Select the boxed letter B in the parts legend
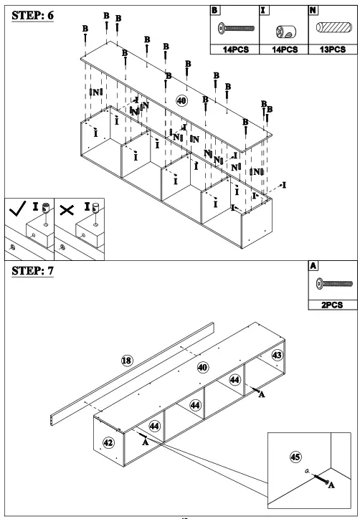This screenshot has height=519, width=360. (x=214, y=10)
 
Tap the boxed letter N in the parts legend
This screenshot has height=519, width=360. (x=312, y=10)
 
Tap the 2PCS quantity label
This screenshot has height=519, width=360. (x=332, y=305)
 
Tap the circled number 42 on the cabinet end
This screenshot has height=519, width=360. (x=108, y=442)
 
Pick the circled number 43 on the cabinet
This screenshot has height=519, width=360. (x=276, y=356)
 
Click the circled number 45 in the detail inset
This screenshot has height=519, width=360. (x=294, y=456)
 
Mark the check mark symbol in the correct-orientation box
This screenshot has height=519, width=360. (x=16, y=211)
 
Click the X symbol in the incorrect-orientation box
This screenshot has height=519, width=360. (x=67, y=211)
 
